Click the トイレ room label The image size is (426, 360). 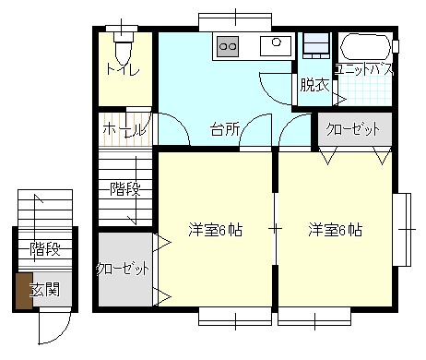tap(123, 69)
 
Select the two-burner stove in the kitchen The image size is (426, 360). tap(228, 46)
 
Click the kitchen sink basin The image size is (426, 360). tap(276, 46)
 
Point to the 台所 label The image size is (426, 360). tap(225, 129)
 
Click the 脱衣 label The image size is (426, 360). tap(314, 85)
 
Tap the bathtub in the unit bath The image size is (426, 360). tap(365, 47)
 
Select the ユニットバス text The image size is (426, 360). tap(364, 70)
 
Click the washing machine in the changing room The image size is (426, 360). tap(316, 45)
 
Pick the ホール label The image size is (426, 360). tap(124, 130)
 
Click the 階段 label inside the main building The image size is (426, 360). tap(125, 189)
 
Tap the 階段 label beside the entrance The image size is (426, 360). tap(45, 248)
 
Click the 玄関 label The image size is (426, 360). tap(45, 289)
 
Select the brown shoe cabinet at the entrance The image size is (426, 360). tap(24, 291)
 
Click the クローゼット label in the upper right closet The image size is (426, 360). tap(353, 129)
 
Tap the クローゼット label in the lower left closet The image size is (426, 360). tap(123, 270)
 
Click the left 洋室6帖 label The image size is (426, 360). tap(215, 230)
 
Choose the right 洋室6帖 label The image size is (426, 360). tap(335, 230)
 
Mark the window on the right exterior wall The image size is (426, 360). tap(402, 230)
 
